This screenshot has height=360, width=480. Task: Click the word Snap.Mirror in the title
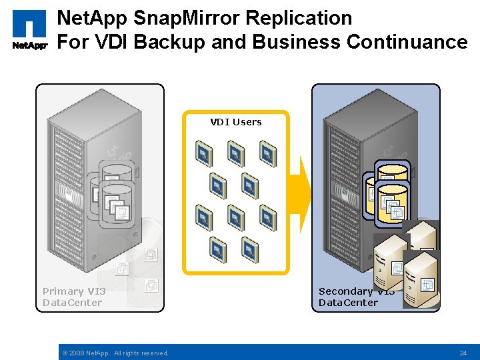167,18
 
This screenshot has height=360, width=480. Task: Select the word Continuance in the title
407,42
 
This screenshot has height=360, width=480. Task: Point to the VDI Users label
236,122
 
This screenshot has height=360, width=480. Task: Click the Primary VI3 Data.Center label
73,297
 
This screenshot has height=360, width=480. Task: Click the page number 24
463,353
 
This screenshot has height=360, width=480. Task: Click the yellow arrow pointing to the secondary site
305,193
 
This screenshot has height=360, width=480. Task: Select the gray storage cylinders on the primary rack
113,190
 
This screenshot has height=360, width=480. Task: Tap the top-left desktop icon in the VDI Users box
203,153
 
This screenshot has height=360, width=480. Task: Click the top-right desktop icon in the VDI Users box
267,153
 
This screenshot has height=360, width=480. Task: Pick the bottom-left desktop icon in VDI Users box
217,249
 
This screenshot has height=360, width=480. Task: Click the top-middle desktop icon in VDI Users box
235,153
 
